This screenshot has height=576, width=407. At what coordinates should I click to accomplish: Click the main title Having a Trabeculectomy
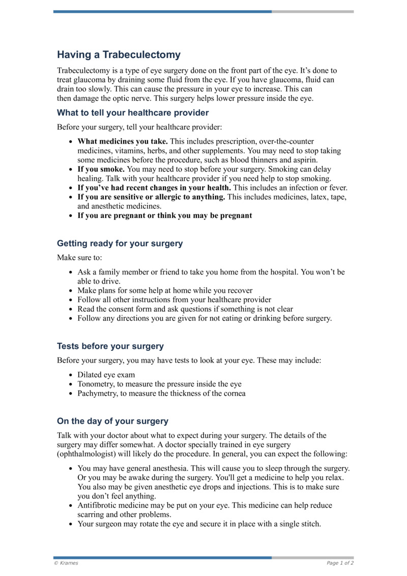tap(119, 54)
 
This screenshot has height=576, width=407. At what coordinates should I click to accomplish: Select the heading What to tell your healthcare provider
tap(133, 113)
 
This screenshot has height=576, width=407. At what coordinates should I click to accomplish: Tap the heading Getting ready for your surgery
tap(120, 243)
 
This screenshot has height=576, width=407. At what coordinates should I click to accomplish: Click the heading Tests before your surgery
tap(110, 346)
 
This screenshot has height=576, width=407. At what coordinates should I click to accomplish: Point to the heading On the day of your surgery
tap(112, 421)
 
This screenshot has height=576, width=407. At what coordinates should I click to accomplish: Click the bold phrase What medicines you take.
tap(122, 141)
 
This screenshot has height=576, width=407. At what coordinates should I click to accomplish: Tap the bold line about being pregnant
tap(164, 215)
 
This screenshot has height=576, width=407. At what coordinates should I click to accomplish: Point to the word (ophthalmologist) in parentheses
tap(87, 454)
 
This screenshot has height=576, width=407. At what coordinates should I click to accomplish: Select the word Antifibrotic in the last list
tap(97, 505)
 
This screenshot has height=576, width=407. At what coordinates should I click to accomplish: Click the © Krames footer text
tap(66, 563)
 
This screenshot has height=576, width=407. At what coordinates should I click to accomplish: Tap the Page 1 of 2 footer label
tap(340, 563)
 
